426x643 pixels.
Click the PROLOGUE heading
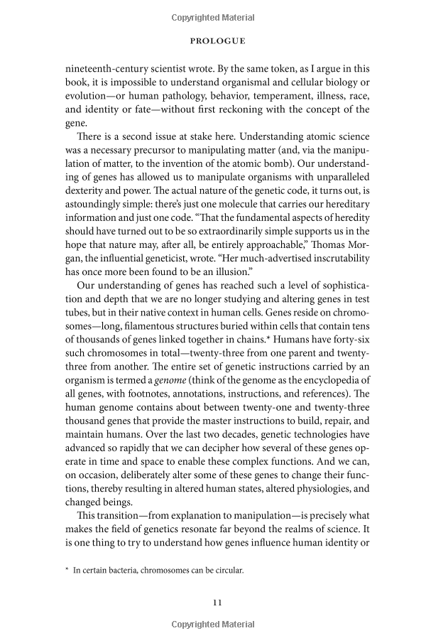(x=217, y=41)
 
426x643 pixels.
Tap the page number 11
(x=218, y=603)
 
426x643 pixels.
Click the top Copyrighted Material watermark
(x=213, y=15)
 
